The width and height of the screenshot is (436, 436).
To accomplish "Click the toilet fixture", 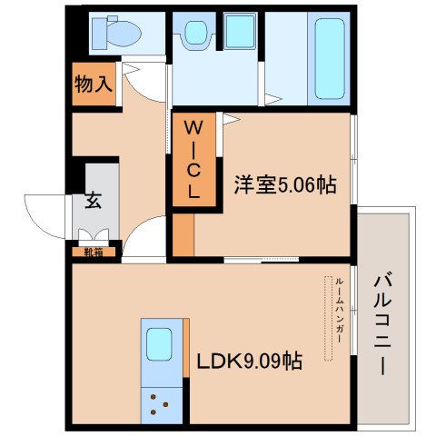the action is coord(116,33).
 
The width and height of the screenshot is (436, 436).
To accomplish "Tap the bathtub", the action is coord(330,59).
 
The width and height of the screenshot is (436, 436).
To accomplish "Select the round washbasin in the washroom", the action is coord(195,33).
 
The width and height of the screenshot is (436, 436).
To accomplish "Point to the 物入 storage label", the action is coord(94,84).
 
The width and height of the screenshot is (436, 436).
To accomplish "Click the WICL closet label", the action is coord(193,159).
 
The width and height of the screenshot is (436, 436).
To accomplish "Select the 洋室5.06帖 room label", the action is coord(285,184).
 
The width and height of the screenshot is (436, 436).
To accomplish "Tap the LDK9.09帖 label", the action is coord(250,361).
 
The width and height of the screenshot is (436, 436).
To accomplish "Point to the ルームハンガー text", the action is coord(339,310).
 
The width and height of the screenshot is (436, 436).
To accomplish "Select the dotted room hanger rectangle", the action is coord(328,318).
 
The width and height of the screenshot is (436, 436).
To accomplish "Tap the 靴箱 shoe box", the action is coord(94,252).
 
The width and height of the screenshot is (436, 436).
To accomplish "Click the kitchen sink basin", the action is coord(159,344).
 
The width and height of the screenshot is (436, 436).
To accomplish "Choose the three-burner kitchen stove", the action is coord(162,405).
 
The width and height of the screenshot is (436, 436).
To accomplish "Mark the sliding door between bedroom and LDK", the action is coord(262,259).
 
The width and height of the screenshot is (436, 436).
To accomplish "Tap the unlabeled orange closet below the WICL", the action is coord(183,235).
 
